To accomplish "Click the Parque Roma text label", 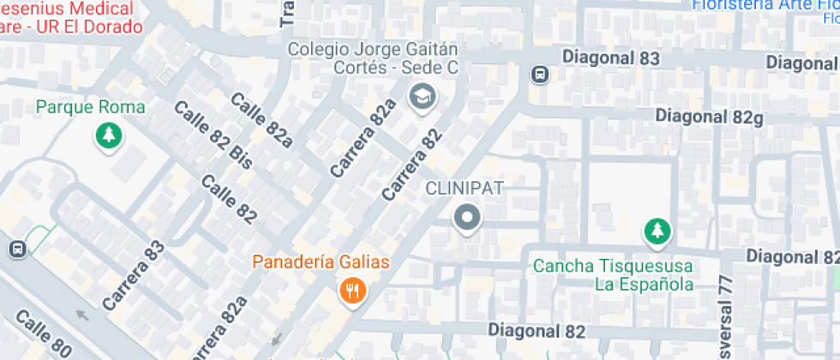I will pyautogui.click(x=90, y=107).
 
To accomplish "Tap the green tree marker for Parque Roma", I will pyautogui.click(x=108, y=135).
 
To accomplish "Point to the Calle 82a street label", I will pyautogui.click(x=261, y=120).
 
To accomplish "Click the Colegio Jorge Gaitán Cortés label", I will pyautogui.click(x=373, y=58).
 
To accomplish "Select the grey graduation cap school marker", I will pyautogui.click(x=422, y=97).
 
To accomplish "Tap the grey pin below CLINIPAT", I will pyautogui.click(x=467, y=219).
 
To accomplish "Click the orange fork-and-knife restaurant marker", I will pyautogui.click(x=351, y=291).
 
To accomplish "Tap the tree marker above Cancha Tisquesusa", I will pyautogui.click(x=657, y=231).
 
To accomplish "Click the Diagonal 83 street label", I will pyautogui.click(x=611, y=57).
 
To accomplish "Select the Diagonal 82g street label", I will pyautogui.click(x=709, y=116).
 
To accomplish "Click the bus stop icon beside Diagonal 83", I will pyautogui.click(x=541, y=75).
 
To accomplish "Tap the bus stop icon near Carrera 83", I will pyautogui.click(x=15, y=249).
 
